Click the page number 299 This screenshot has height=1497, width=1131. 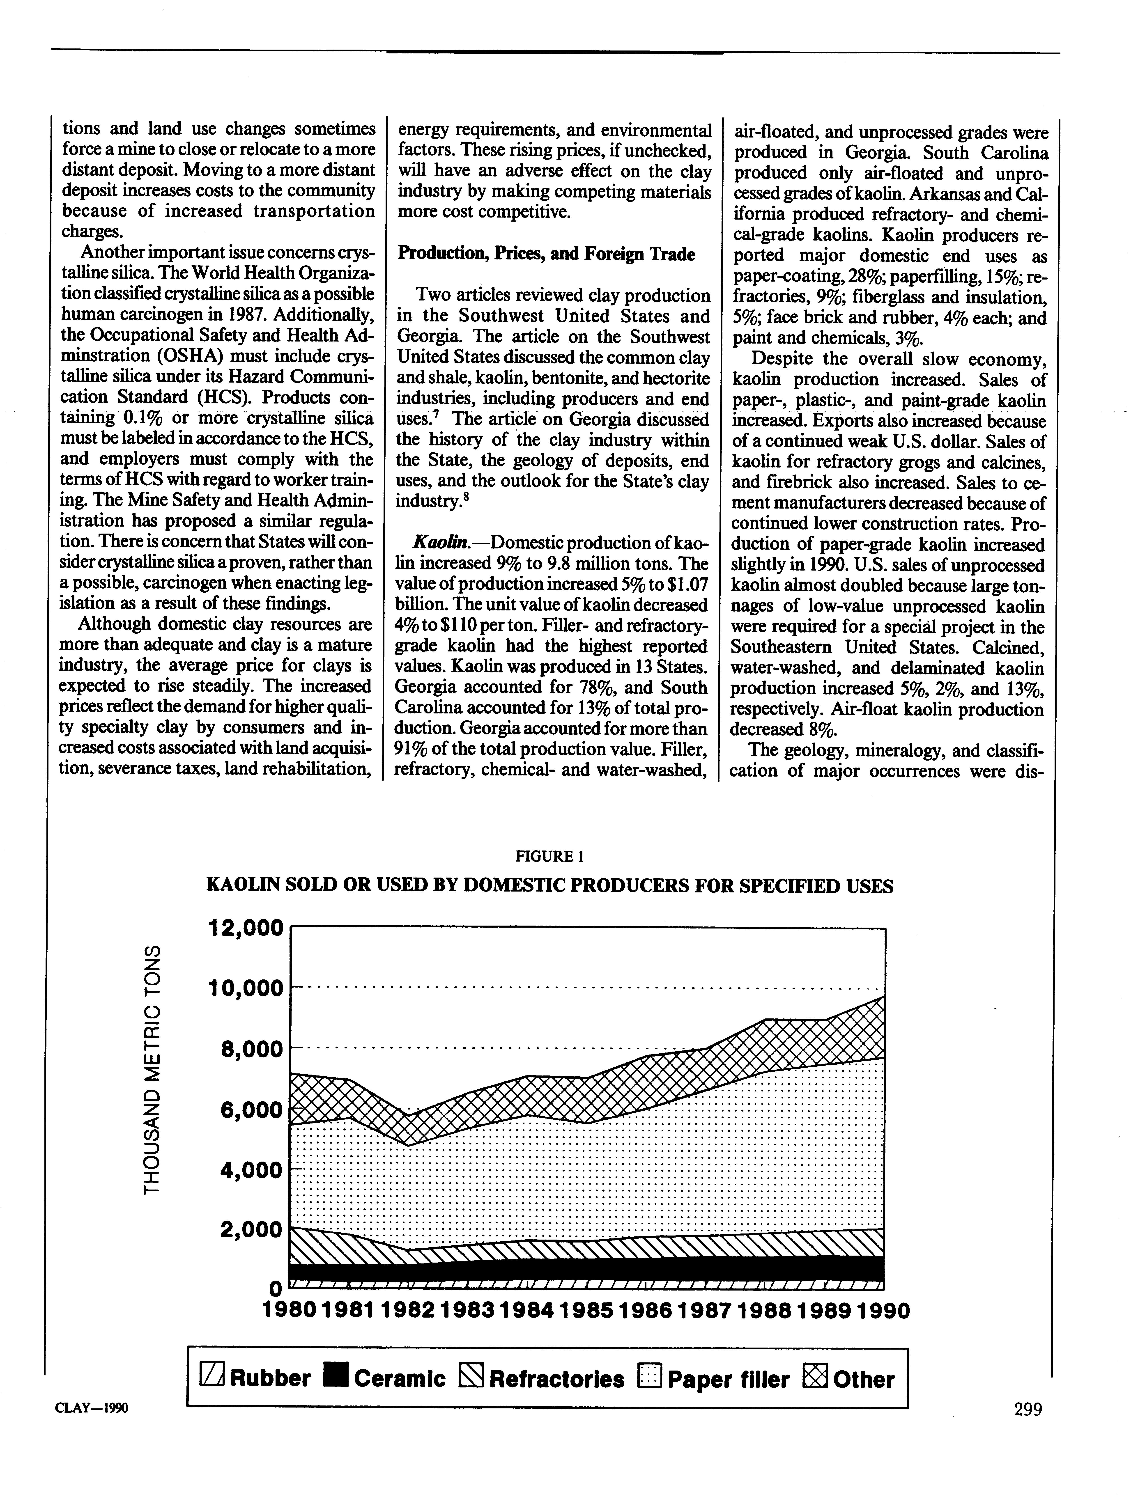click(x=1028, y=1410)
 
